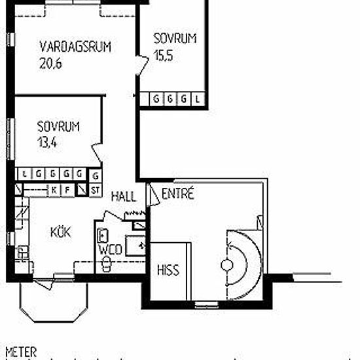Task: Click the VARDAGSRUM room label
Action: click(x=75, y=47)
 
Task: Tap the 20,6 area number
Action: click(x=51, y=63)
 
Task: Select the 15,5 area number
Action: click(x=163, y=55)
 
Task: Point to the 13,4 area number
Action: click(x=47, y=142)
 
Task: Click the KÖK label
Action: click(x=61, y=232)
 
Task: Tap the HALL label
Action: click(x=123, y=197)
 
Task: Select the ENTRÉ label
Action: click(x=178, y=193)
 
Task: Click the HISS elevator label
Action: click(x=168, y=270)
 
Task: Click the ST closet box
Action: click(x=96, y=190)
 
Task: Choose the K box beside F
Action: click(x=54, y=190)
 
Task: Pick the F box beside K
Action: click(x=67, y=190)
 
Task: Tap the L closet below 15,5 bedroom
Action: click(x=198, y=99)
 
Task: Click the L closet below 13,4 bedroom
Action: click(x=25, y=173)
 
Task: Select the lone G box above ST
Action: click(x=96, y=176)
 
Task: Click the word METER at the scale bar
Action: click(x=21, y=352)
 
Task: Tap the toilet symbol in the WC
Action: click(x=107, y=264)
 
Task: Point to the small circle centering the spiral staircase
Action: click(x=227, y=265)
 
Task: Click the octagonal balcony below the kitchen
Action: click(x=54, y=302)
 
